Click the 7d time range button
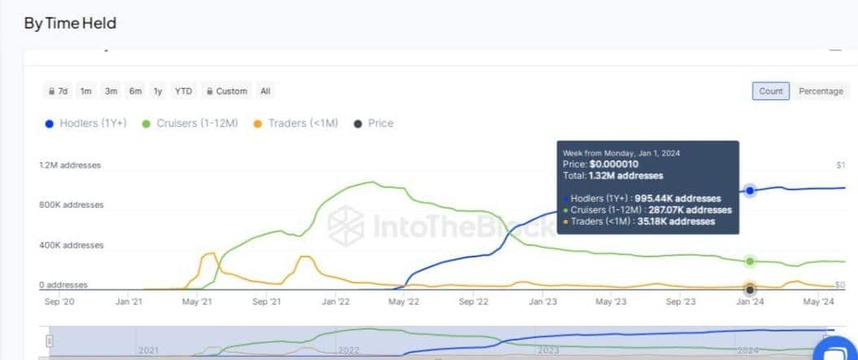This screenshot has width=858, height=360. pyautogui.click(x=58, y=91)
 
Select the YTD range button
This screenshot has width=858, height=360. pyautogui.click(x=183, y=91)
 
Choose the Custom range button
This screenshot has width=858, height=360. pyautogui.click(x=226, y=91)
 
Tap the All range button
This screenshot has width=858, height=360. pyautogui.click(x=266, y=91)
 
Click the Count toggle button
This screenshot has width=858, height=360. pyautogui.click(x=770, y=91)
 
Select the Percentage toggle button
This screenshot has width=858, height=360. pyautogui.click(x=821, y=91)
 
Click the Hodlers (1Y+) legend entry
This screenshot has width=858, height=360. pyautogui.click(x=86, y=124)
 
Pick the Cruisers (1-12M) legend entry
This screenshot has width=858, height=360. pyautogui.click(x=190, y=124)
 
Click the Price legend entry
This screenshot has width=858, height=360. pyautogui.click(x=374, y=124)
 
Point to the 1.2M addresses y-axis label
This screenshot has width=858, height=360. pyautogui.click(x=70, y=165)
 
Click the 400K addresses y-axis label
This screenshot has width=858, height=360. pyautogui.click(x=72, y=245)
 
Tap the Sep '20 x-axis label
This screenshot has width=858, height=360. pyautogui.click(x=58, y=301)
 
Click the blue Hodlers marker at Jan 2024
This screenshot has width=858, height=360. pyautogui.click(x=750, y=191)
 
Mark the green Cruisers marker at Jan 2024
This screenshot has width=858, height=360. pyautogui.click(x=750, y=261)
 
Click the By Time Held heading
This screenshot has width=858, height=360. pyautogui.click(x=70, y=23)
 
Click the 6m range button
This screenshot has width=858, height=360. pyautogui.click(x=134, y=91)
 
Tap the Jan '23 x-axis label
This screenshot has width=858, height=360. pyautogui.click(x=543, y=301)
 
